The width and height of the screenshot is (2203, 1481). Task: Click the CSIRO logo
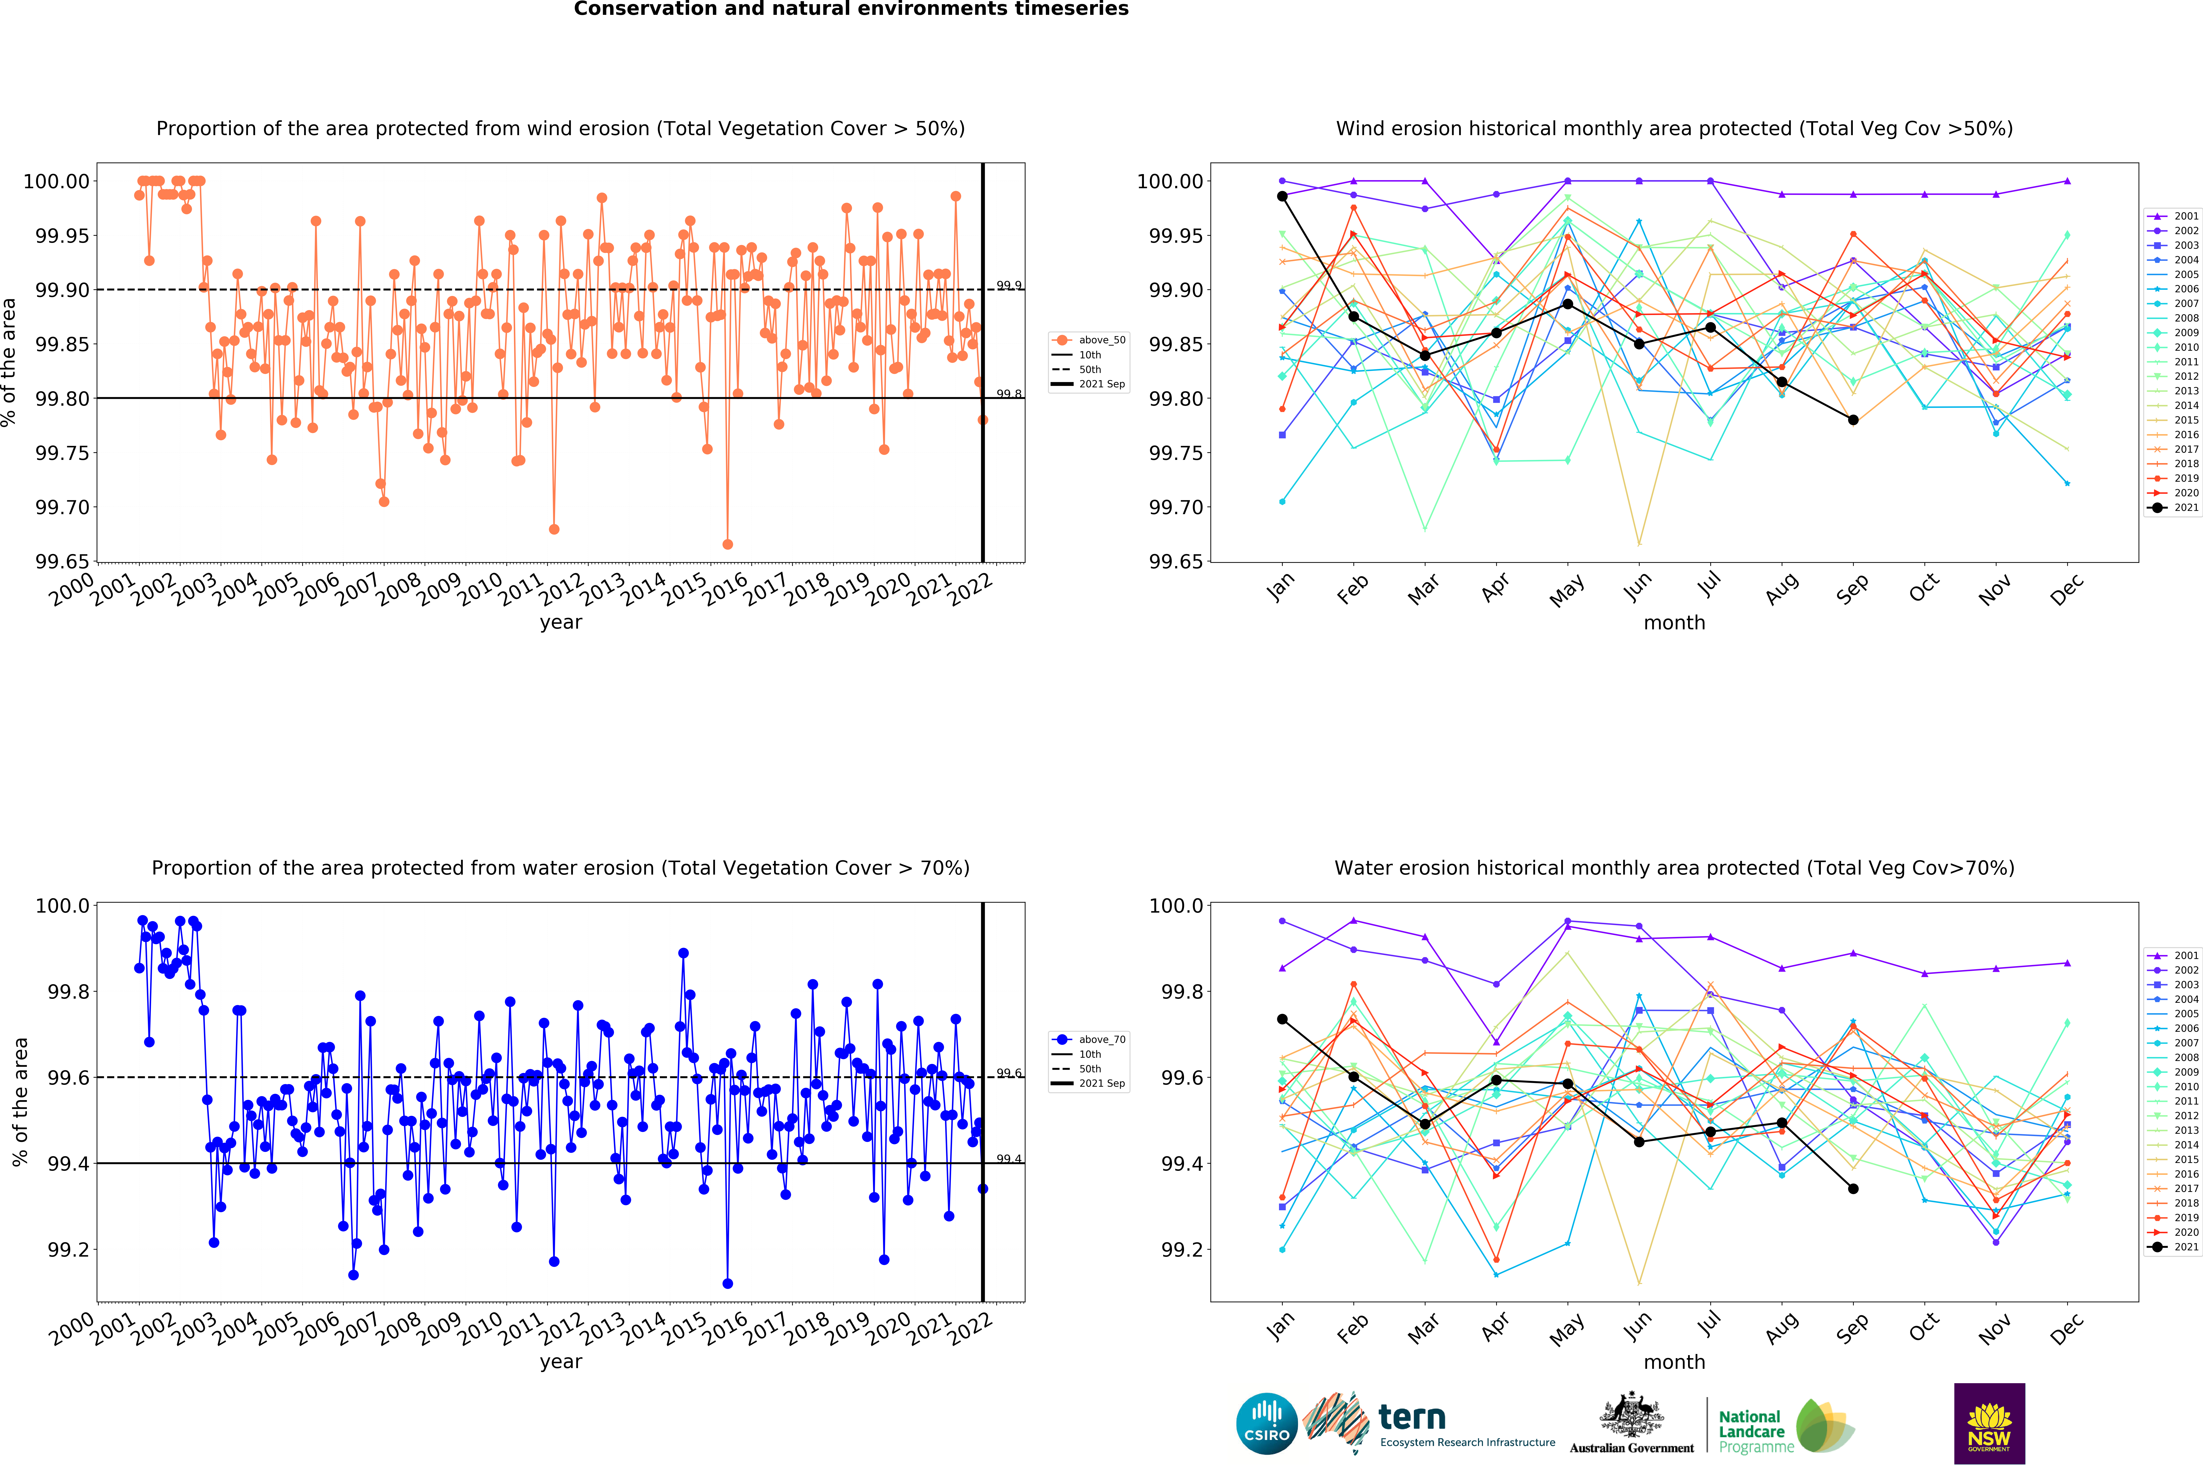pyautogui.click(x=1266, y=1423)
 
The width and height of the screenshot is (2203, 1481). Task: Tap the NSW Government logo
pyautogui.click(x=1989, y=1423)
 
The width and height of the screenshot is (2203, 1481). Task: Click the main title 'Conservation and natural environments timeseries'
pyautogui.click(x=851, y=10)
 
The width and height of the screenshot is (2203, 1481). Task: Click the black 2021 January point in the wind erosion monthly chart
pyautogui.click(x=1282, y=197)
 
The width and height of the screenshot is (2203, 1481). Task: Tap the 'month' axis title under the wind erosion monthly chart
pyautogui.click(x=1674, y=622)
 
